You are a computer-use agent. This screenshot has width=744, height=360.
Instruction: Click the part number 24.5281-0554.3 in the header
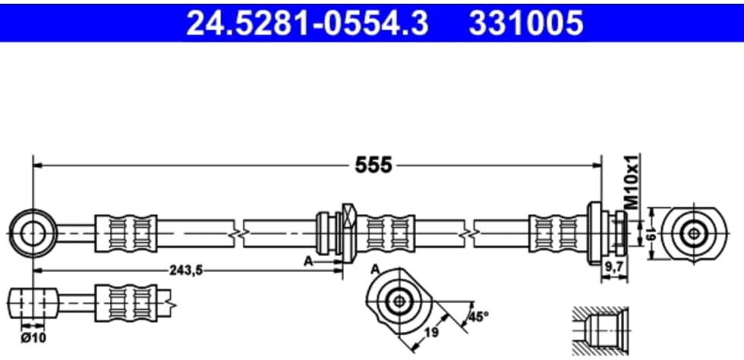[307, 23]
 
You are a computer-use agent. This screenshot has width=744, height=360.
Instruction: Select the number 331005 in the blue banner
[526, 23]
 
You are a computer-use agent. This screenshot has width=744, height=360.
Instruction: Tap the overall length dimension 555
[374, 166]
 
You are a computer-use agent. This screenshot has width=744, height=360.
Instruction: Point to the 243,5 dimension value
[186, 270]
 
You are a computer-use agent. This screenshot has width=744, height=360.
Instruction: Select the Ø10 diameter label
[33, 338]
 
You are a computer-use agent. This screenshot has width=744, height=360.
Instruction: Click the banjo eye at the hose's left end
[32, 233]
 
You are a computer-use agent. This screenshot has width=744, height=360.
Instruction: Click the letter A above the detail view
[375, 270]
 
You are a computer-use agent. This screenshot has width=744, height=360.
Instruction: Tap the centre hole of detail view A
[399, 301]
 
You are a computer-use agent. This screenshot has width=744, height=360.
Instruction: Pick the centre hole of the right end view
[694, 233]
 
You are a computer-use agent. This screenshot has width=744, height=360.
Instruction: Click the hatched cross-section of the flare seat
[601, 330]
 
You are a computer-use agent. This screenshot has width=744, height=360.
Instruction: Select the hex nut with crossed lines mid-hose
[348, 234]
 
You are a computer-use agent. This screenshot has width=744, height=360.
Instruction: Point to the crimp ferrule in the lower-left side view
[126, 303]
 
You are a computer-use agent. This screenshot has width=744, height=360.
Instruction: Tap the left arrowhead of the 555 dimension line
[38, 166]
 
